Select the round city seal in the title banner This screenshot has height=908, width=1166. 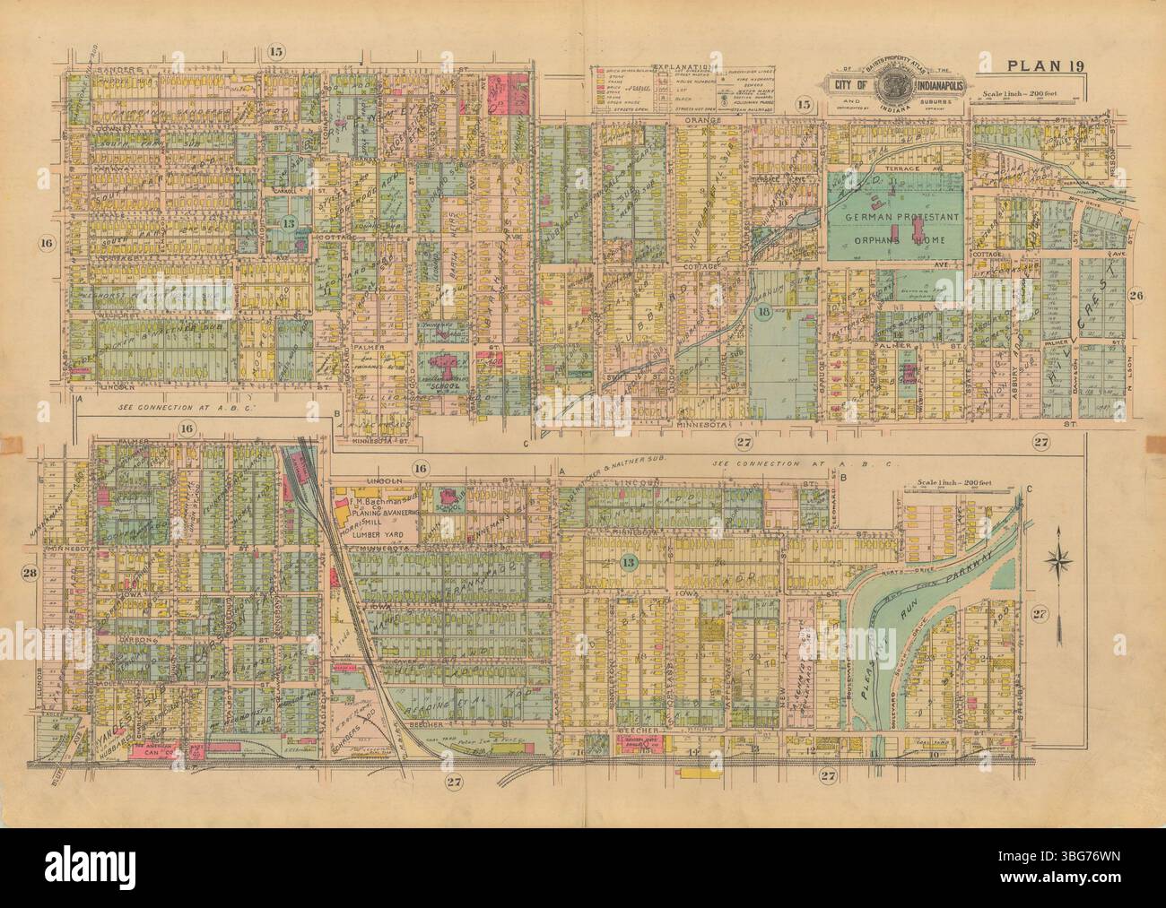[892, 88]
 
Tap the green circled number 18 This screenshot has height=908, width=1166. [764, 311]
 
